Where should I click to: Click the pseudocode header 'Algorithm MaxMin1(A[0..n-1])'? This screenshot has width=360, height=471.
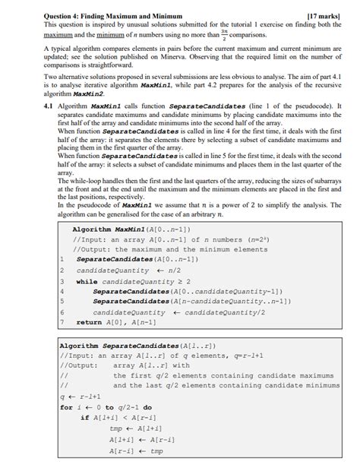click(x=132, y=229)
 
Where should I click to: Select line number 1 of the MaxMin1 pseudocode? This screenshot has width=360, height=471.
click(x=62, y=259)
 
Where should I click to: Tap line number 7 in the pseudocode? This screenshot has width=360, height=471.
click(x=62, y=322)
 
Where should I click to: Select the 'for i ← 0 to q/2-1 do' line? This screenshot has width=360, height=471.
click(x=106, y=407)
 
